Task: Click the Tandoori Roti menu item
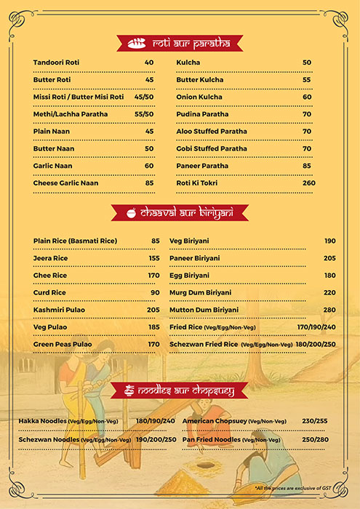(x=57, y=63)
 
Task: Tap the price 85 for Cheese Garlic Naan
(x=149, y=183)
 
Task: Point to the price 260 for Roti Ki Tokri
(x=309, y=183)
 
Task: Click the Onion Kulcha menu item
(x=197, y=97)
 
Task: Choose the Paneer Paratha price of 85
(x=307, y=166)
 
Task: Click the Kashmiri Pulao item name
(x=59, y=310)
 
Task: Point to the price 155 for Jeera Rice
(x=154, y=258)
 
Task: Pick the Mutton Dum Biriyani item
(x=204, y=310)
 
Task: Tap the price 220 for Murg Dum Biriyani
(x=329, y=292)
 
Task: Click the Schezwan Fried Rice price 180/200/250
(x=316, y=344)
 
